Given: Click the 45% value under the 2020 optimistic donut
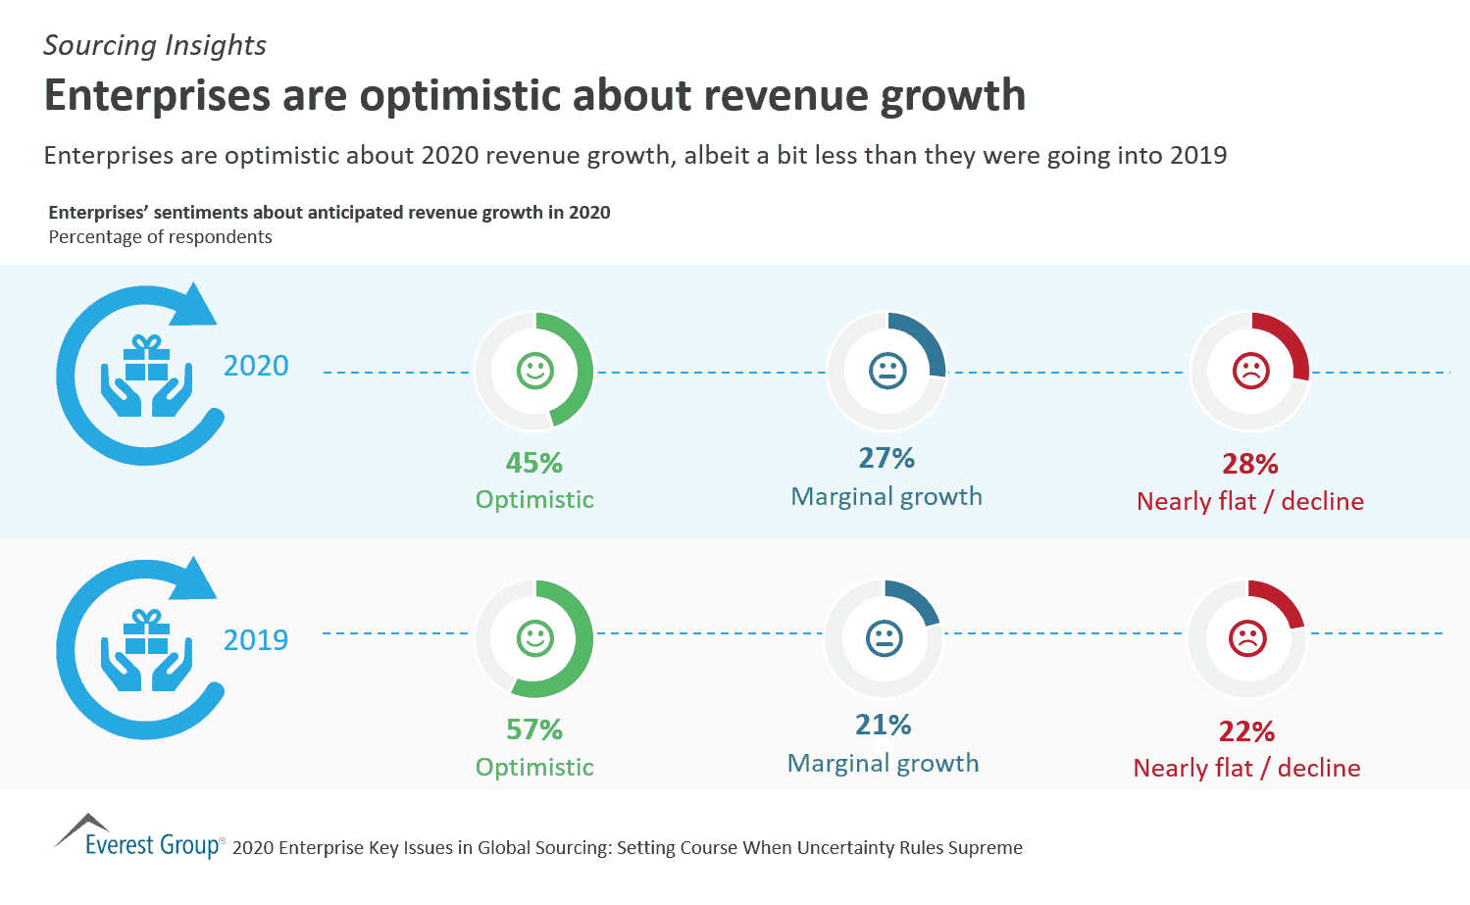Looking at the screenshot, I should pyautogui.click(x=534, y=463).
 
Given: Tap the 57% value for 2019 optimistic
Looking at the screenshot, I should pyautogui.click(x=534, y=729).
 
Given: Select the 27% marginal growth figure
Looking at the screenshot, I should pyautogui.click(x=887, y=458).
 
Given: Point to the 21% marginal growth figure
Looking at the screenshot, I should pyautogui.click(x=884, y=725).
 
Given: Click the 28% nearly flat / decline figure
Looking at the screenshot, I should pyautogui.click(x=1250, y=464).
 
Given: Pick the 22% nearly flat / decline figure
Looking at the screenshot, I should pyautogui.click(x=1246, y=731).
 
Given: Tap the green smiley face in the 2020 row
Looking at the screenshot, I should pyautogui.click(x=535, y=371).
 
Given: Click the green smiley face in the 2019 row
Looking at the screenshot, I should pyautogui.click(x=535, y=638).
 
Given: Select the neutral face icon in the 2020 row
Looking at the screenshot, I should pyautogui.click(x=887, y=371).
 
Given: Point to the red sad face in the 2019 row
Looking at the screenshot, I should pyautogui.click(x=1247, y=638).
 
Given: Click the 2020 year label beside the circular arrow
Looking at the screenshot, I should pyautogui.click(x=256, y=366).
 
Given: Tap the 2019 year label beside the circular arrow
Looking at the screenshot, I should pyautogui.click(x=256, y=640).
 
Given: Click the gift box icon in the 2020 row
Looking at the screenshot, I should pyautogui.click(x=147, y=359).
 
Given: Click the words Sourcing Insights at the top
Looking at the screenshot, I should pyautogui.click(x=155, y=46).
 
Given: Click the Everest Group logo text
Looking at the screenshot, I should pyautogui.click(x=152, y=844).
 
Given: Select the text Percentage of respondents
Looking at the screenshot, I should pyautogui.click(x=160, y=237).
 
